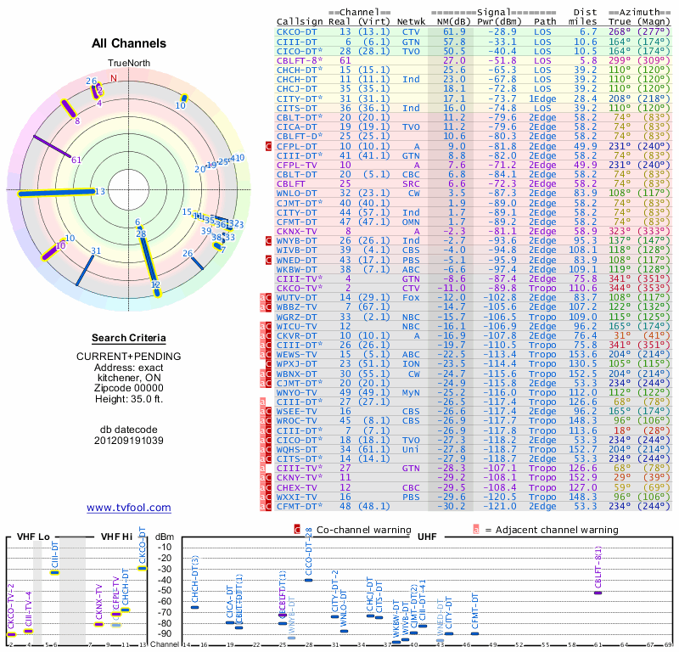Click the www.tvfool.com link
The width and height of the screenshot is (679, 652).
[129, 508]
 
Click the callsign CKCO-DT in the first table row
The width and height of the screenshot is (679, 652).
[297, 31]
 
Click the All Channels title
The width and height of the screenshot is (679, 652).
[129, 43]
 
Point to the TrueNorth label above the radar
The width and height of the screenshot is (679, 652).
[129, 63]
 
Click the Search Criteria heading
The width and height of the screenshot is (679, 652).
[129, 338]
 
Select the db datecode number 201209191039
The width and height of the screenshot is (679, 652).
[129, 441]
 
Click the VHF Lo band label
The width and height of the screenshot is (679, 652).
[33, 537]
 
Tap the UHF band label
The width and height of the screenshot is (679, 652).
[427, 537]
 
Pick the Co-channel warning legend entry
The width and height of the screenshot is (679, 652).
[345, 530]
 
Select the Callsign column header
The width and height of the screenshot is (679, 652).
[301, 20]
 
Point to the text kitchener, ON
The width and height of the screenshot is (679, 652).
[129, 375]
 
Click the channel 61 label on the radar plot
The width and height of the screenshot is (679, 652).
[76, 160]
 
